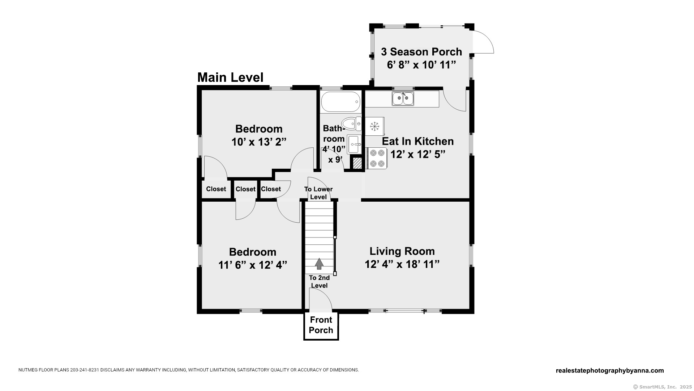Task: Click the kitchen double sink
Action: click(x=403, y=98)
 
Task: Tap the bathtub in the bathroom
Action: click(x=340, y=102)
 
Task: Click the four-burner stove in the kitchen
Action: click(x=377, y=158)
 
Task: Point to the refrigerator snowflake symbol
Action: click(x=374, y=126)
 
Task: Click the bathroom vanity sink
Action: click(x=354, y=144)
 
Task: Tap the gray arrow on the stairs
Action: click(x=319, y=264)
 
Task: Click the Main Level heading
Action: click(x=230, y=77)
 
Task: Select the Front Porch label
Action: click(x=321, y=325)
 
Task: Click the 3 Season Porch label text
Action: click(x=421, y=52)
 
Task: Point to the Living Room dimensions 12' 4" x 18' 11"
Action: click(x=402, y=264)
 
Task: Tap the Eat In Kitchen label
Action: click(x=418, y=141)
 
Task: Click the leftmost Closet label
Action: click(x=216, y=189)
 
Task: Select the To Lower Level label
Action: click(x=318, y=193)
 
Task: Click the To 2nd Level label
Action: click(x=319, y=282)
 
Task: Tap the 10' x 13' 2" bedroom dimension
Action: click(x=259, y=142)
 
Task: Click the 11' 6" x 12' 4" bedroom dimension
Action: click(x=253, y=265)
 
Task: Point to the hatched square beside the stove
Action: click(x=357, y=163)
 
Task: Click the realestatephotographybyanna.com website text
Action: click(x=610, y=371)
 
